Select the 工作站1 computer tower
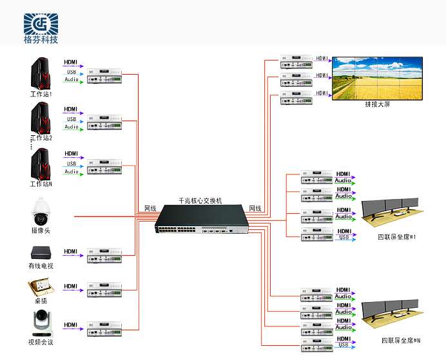click(41, 73)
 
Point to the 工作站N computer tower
click(41, 164)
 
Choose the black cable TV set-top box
click(41, 252)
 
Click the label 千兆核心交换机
click(200, 201)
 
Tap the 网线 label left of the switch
click(150, 209)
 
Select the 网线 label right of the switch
click(255, 209)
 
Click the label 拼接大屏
click(377, 104)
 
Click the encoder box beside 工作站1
click(104, 74)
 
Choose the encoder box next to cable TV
click(104, 255)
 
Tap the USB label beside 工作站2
click(71, 119)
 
